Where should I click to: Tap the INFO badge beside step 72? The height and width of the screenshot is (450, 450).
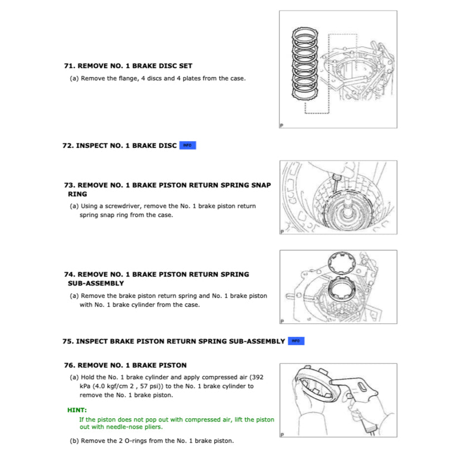click(187, 146)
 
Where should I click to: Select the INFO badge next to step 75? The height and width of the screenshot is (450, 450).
click(296, 341)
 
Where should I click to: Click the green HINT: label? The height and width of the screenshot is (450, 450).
click(77, 410)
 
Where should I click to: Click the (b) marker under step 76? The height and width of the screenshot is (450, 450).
click(74, 441)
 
